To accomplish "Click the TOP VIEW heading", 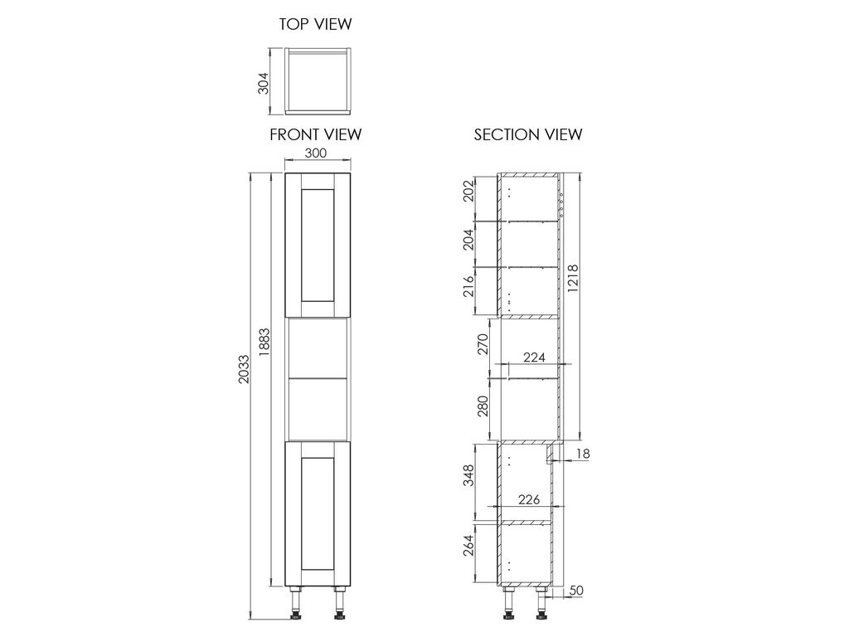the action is pos(315,24).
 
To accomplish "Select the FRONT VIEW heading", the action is pos(316,134).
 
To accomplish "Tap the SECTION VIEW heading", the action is pos(528,134).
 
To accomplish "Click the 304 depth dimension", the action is pos(263,83).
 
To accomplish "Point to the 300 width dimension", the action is pos(316,153).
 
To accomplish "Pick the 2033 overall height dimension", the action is pos(245,369).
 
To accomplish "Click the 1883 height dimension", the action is pos(264,342).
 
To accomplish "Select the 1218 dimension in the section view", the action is pos(573,279).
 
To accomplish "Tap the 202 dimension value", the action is pos(469,191).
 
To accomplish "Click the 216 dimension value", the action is pos(469,286).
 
